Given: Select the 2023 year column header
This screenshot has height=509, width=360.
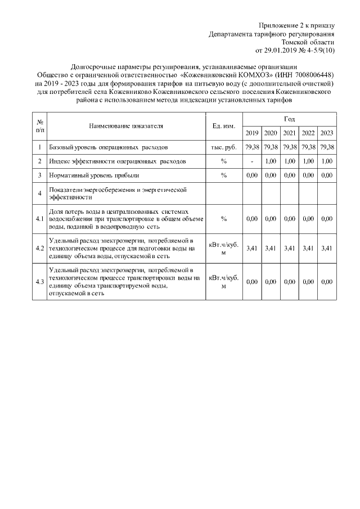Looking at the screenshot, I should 327,133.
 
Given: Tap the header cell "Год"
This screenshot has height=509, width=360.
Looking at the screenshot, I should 289,119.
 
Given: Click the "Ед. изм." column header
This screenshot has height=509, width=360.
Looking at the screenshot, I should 223,126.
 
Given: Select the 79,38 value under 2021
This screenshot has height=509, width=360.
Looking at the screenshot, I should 289,147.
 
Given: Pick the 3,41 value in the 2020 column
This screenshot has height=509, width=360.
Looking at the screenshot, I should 271,247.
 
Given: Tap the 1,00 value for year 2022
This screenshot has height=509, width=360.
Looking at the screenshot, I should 308,161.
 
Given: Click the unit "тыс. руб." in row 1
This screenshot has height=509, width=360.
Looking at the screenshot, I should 223,147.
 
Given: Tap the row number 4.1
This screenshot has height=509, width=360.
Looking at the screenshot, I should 40,218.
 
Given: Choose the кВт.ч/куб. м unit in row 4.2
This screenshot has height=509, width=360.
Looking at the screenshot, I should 223,247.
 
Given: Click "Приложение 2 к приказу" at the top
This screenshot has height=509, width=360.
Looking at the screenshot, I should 296,25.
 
